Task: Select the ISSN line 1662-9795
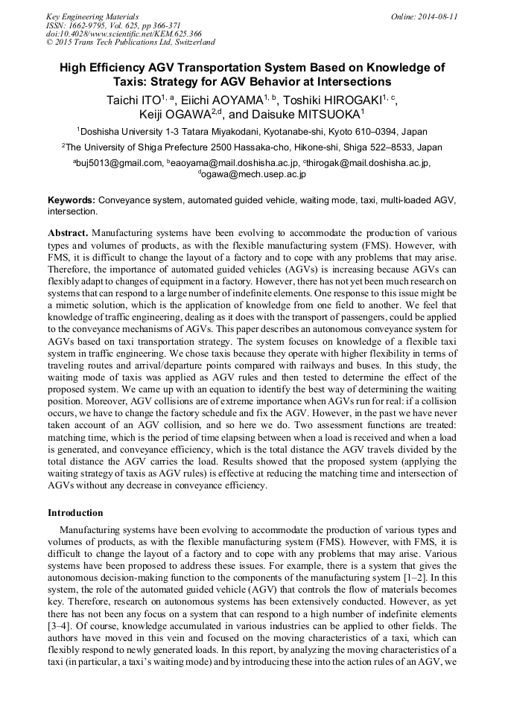pyautogui.click(x=86, y=25)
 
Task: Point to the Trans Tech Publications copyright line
pyautogui.click(x=130, y=42)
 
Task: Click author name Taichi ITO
pyautogui.click(x=135, y=99)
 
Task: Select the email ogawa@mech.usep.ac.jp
pyautogui.click(x=253, y=174)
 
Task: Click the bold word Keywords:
pyautogui.click(x=72, y=200)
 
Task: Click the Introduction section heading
pyautogui.click(x=75, y=513)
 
